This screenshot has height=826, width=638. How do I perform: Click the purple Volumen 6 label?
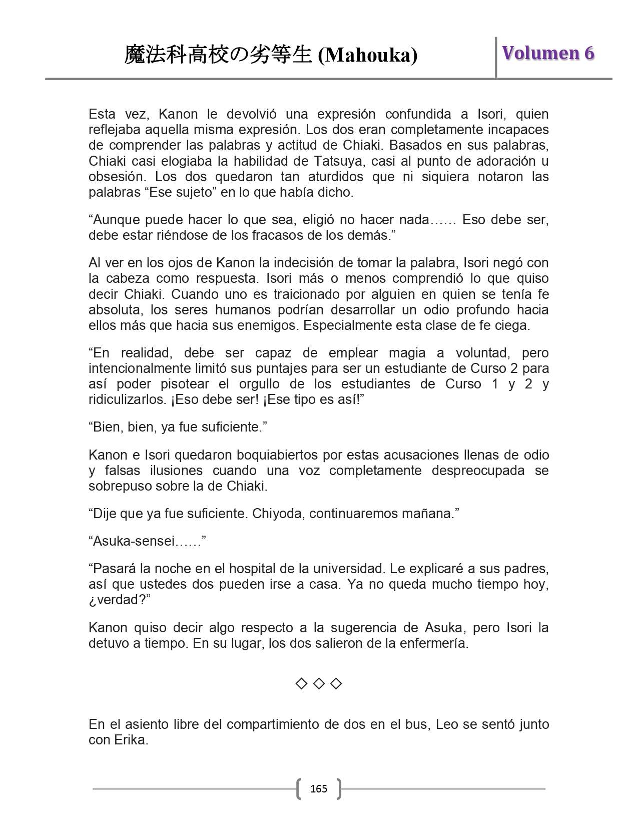(x=548, y=53)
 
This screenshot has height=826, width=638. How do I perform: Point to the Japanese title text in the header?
(x=219, y=55)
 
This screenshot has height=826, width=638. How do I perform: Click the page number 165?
(x=319, y=789)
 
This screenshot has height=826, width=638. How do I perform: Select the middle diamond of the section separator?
(x=319, y=683)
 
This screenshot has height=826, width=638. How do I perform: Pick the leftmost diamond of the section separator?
(x=301, y=683)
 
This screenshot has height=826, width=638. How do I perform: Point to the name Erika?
(x=132, y=740)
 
